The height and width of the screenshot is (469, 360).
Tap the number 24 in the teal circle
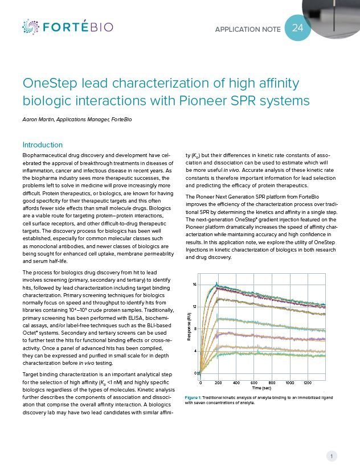pyautogui.click(x=298, y=28)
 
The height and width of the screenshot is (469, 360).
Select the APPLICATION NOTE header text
pyautogui.click(x=248, y=29)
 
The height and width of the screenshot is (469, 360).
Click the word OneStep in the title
pyautogui.click(x=47, y=84)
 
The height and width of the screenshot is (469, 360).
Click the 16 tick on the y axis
pyautogui.click(x=194, y=284)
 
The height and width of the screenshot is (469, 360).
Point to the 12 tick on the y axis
pyautogui.click(x=194, y=307)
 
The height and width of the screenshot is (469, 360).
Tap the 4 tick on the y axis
pyautogui.click(x=195, y=351)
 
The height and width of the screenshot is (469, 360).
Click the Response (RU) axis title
pyautogui.click(x=189, y=328)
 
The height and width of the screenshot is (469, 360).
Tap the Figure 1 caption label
pyautogui.click(x=195, y=397)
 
